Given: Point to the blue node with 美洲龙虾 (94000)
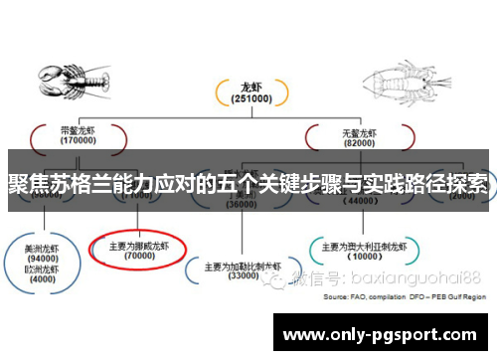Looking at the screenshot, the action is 42,253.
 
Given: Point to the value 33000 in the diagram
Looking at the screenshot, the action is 244,276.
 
